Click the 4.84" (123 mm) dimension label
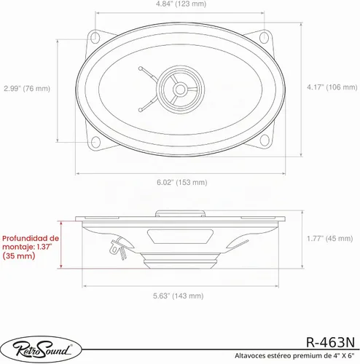pyautogui.click(x=181, y=4)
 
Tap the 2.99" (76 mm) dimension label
pyautogui.click(x=27, y=88)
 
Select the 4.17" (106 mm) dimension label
pyautogui.click(x=332, y=87)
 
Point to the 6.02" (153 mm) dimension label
pyautogui.click(x=182, y=182)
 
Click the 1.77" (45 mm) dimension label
pyautogui.click(x=330, y=238)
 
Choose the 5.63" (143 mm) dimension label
pyautogui.click(x=179, y=296)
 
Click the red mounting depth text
pyautogui.click(x=31, y=247)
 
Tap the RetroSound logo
pyautogui.click(x=41, y=349)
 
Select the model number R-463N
pyautogui.click(x=330, y=342)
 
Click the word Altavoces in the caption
pyautogui.click(x=250, y=356)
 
